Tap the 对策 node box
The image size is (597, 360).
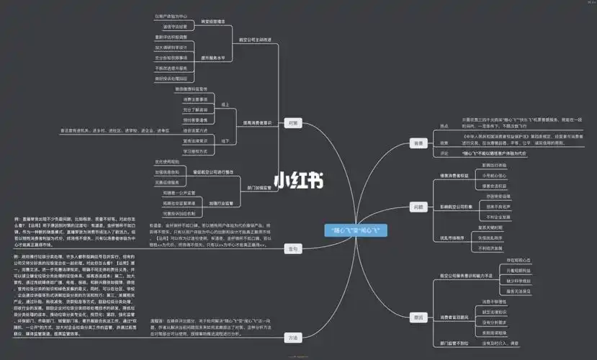coord(292,122)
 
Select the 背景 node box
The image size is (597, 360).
coord(418,144)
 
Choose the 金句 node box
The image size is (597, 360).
coord(292,248)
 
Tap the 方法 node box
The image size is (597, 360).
coord(292,337)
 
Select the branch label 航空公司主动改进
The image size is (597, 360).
coord(256,40)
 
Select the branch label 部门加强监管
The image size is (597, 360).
coord(257,187)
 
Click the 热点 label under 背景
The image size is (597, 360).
coord(444,125)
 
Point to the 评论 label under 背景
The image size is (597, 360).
coord(444,153)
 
